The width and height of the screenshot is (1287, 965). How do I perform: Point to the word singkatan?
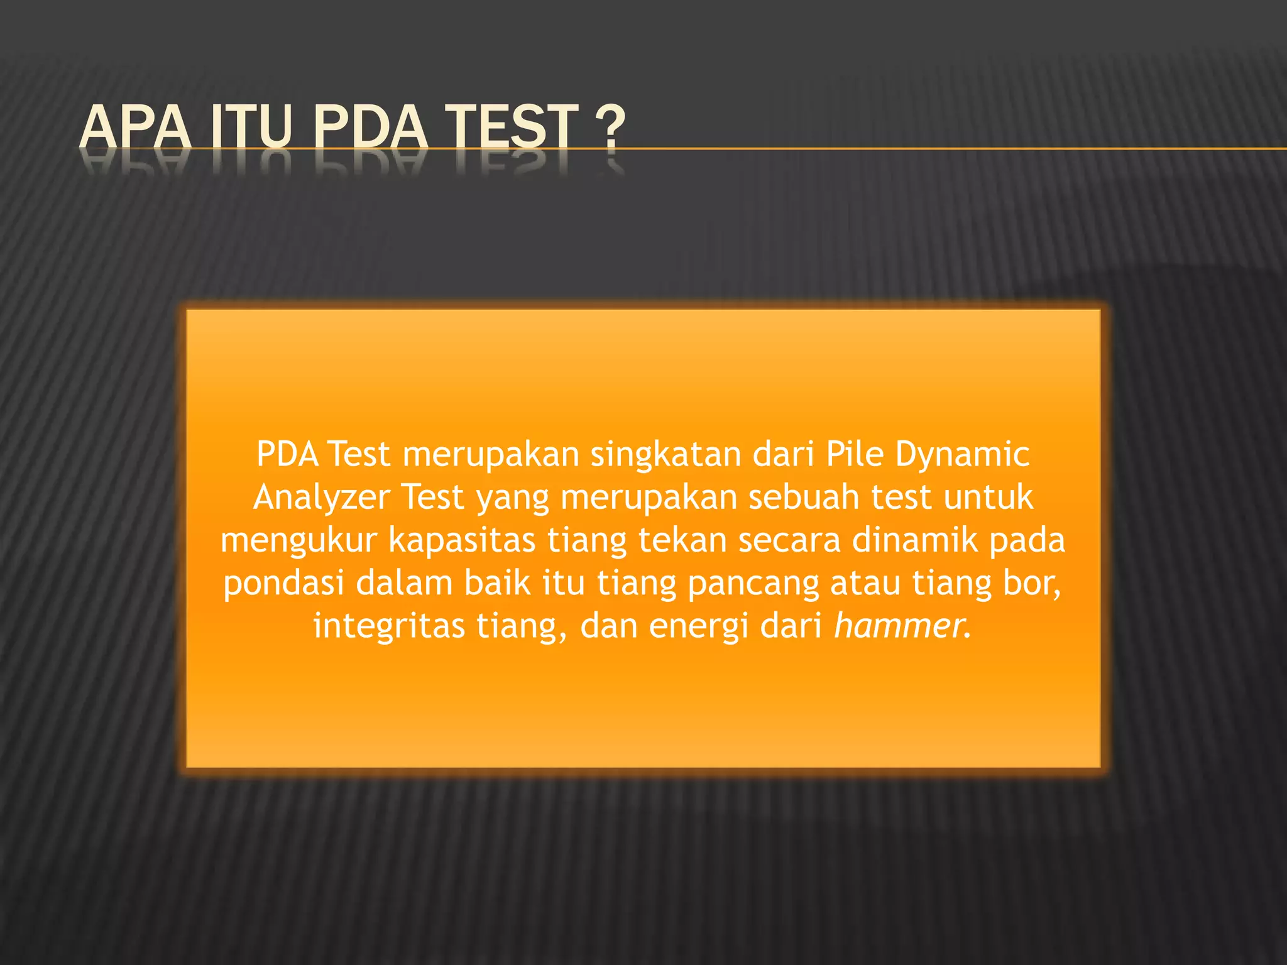point(665,455)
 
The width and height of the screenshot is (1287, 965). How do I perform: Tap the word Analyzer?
point(322,498)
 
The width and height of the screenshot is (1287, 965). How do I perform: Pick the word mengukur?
point(298,542)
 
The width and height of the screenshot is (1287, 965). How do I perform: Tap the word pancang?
point(753,585)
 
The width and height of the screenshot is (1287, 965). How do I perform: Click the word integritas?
point(389,627)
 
